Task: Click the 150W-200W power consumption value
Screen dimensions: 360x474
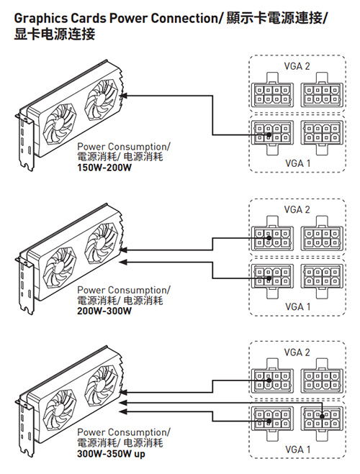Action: (x=104, y=167)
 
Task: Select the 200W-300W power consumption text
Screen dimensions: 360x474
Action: (x=104, y=311)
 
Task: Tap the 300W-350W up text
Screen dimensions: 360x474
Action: (x=111, y=454)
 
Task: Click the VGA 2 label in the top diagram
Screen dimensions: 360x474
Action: (x=297, y=66)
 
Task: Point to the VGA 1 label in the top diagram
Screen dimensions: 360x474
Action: (x=298, y=163)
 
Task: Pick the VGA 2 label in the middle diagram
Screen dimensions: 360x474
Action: (x=297, y=209)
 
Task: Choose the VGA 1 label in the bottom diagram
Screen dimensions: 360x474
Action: (x=298, y=450)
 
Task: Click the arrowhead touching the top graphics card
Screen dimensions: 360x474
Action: (x=123, y=96)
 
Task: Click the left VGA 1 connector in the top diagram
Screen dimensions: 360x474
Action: (x=272, y=137)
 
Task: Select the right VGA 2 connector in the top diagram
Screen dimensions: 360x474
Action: (x=322, y=90)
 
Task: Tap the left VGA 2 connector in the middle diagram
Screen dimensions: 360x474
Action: (x=272, y=234)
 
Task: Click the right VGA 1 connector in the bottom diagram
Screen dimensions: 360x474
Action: (x=322, y=423)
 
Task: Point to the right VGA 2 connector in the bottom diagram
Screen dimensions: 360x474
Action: (x=322, y=376)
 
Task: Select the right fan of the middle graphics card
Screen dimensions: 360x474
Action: (x=101, y=242)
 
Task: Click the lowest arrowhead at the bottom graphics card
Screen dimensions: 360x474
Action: (x=123, y=411)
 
